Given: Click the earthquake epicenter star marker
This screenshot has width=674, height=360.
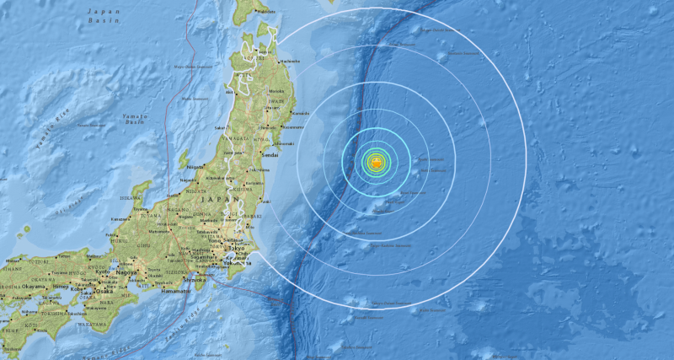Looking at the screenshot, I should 377,160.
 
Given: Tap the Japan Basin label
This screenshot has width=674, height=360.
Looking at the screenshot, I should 104,17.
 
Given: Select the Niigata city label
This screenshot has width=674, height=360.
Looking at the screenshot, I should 195,168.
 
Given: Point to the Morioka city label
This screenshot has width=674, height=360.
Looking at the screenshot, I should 275,91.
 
